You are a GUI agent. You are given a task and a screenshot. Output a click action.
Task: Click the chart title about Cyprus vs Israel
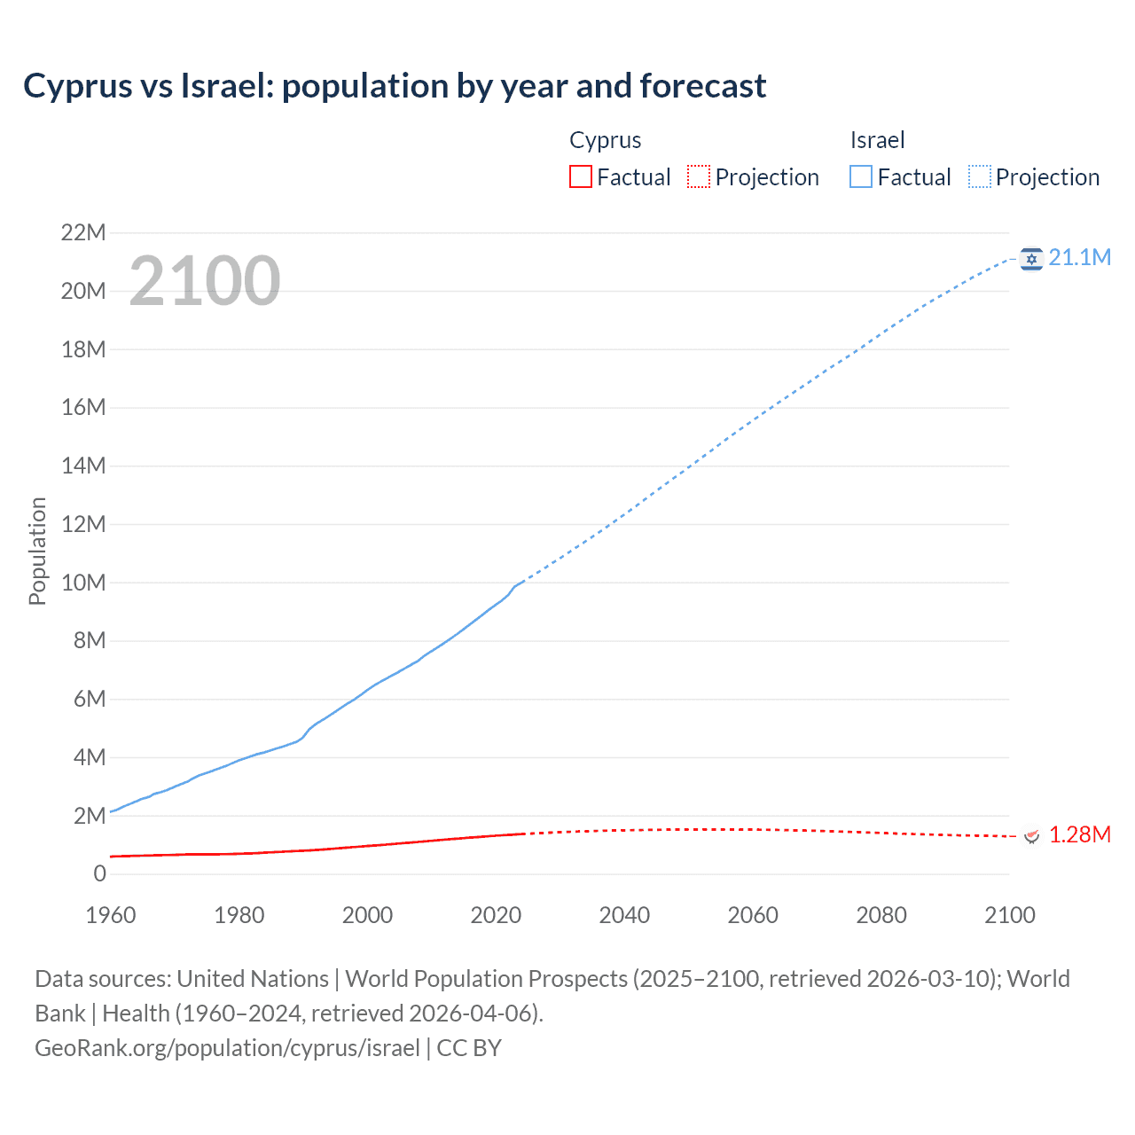pyautogui.click(x=395, y=86)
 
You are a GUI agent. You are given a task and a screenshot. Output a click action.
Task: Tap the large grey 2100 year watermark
pyautogui.click(x=205, y=281)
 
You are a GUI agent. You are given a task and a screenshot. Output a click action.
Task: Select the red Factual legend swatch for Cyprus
pyautogui.click(x=580, y=176)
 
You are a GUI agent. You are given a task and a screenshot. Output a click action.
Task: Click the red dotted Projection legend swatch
pyautogui.click(x=699, y=176)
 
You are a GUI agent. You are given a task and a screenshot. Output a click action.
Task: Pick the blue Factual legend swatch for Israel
pyautogui.click(x=860, y=176)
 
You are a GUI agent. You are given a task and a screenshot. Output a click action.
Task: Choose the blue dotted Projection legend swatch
pyautogui.click(x=980, y=176)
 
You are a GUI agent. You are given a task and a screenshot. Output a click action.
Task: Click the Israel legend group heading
pyautogui.click(x=877, y=140)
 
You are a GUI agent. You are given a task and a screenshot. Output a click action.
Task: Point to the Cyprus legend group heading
pyautogui.click(x=605, y=140)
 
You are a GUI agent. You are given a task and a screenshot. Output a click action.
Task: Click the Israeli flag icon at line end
pyautogui.click(x=1030, y=258)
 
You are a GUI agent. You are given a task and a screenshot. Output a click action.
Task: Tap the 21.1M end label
pyautogui.click(x=1079, y=257)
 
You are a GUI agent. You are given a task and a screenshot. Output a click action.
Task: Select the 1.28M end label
pyautogui.click(x=1079, y=834)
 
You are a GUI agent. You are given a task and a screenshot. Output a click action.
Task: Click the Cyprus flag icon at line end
pyautogui.click(x=1030, y=835)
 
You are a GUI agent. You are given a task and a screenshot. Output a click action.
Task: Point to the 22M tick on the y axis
pyautogui.click(x=83, y=232)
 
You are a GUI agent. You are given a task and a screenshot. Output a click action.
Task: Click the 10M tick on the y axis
pyautogui.click(x=83, y=583)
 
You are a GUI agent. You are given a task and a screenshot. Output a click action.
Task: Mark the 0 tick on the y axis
pyautogui.click(x=99, y=873)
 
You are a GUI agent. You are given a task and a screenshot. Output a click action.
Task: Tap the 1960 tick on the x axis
pyautogui.click(x=111, y=915)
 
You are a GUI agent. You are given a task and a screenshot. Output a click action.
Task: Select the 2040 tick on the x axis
pyautogui.click(x=624, y=915)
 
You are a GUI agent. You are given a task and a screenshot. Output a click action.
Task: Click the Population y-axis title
pyautogui.click(x=37, y=551)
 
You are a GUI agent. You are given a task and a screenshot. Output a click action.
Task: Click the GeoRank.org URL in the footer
pyautogui.click(x=227, y=1047)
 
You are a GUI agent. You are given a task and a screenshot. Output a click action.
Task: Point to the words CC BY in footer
pyautogui.click(x=469, y=1047)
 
